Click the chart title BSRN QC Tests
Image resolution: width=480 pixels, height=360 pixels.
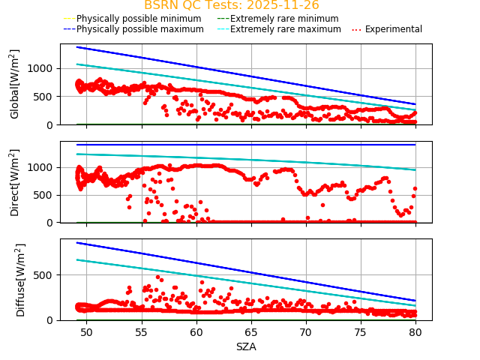point(231,5)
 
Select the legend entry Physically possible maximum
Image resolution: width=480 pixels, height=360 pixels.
point(139,29)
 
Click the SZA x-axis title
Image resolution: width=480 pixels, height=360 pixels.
point(246,346)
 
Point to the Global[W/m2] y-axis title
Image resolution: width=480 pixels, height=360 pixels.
point(16,84)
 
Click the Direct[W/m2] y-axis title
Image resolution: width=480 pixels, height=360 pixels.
point(16,182)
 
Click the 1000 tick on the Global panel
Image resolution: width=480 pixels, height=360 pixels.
point(42,68)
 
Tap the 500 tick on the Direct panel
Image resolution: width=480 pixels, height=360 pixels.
point(46,195)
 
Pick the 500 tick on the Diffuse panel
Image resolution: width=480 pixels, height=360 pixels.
point(46,275)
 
